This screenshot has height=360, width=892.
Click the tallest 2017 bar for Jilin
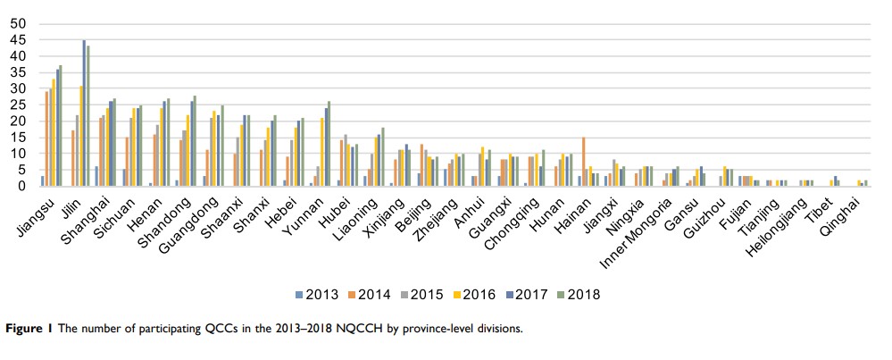[x=84, y=113]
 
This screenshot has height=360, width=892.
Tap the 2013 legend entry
[x=315, y=294]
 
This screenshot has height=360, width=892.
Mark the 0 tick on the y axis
[x=21, y=186]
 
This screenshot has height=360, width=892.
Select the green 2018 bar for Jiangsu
[x=61, y=126]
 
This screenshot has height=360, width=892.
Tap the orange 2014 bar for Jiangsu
[x=46, y=138]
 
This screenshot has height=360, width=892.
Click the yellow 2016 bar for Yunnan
[x=321, y=152]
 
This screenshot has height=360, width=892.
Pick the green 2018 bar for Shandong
[x=195, y=141]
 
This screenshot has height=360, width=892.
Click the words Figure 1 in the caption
[x=29, y=328]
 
